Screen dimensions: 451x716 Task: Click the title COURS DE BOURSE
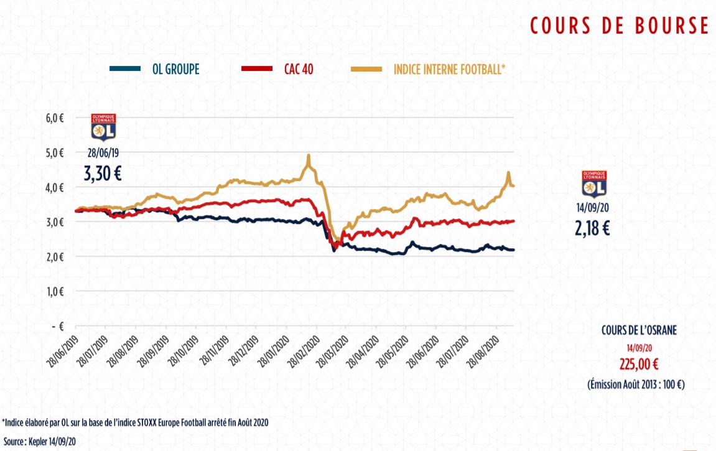pos(619,26)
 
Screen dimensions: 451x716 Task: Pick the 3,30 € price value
pos(103,174)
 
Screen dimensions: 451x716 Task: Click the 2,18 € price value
pos(592,228)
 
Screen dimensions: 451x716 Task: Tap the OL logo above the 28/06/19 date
pos(103,127)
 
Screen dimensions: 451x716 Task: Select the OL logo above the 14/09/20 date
pos(592,184)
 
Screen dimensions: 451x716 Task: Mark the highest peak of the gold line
pos(309,156)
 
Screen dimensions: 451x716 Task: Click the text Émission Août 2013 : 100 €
pos(636,384)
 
